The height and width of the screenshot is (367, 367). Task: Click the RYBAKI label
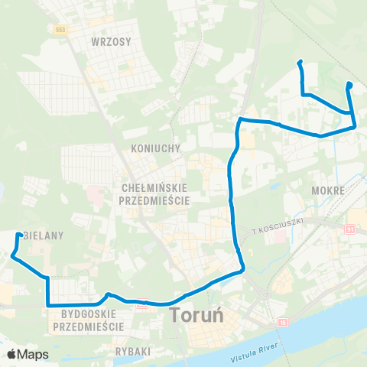pos(132,350)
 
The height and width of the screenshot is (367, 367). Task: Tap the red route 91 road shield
pos(350,229)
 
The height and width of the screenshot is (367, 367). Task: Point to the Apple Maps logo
pos(27,354)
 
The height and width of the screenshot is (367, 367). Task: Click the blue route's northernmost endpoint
pos(300,62)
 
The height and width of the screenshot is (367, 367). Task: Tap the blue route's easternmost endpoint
pos(349,84)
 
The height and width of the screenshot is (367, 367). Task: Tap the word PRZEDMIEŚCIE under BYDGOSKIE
pos(89,326)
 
